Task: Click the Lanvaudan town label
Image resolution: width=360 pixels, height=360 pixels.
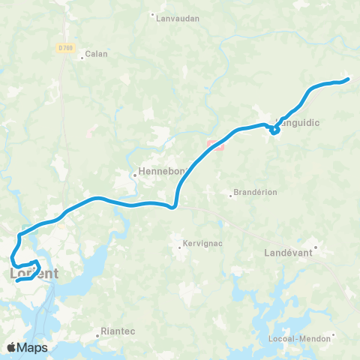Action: [x=178, y=19]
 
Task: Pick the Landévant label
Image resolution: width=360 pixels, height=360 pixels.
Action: [x=289, y=253]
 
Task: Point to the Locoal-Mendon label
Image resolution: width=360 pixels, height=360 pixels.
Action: [x=300, y=339]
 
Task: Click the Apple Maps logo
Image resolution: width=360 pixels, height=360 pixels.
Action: [x=26, y=347]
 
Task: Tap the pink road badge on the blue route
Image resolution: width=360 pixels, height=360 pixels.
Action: [x=215, y=145]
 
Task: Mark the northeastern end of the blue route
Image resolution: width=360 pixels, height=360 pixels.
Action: [x=348, y=79]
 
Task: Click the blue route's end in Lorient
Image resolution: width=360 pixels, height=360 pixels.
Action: [x=16, y=282]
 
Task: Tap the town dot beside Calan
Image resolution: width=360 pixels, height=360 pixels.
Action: [x=82, y=54]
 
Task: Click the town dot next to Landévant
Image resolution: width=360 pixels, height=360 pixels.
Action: [x=316, y=246]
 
